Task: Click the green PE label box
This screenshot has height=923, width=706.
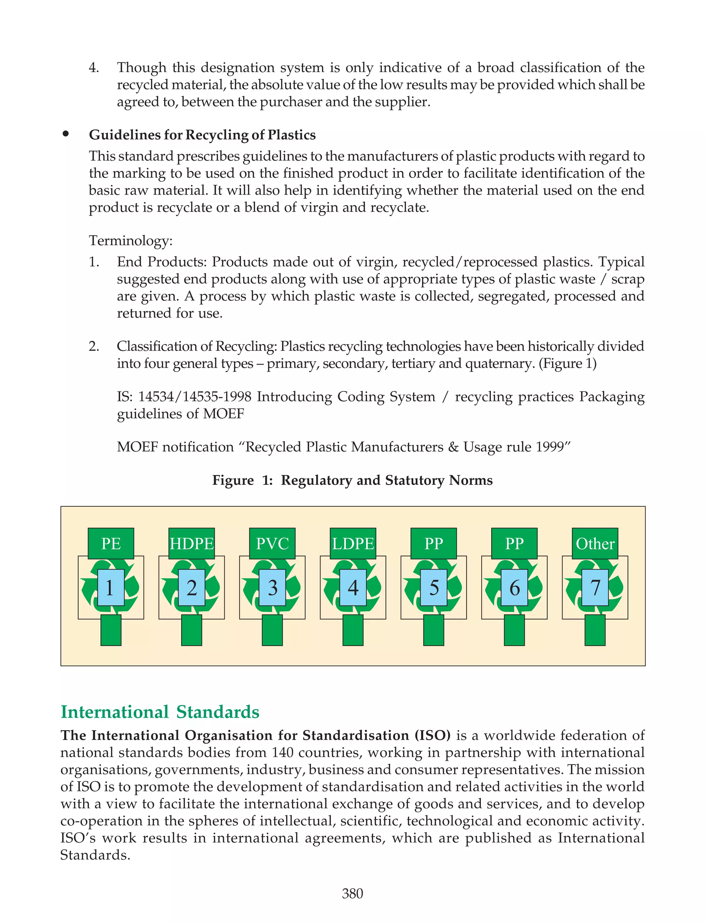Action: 111,543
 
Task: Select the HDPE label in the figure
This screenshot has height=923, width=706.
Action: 192,543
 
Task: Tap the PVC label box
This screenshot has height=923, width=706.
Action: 272,543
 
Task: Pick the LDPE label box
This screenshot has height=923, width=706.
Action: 353,543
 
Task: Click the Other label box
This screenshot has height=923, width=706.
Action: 595,543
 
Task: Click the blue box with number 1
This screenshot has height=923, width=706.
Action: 111,587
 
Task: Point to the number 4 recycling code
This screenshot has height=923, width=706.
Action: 353,587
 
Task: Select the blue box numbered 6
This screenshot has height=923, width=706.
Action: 514,587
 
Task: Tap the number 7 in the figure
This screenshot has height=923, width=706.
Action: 595,587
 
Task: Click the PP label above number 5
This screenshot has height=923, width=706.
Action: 434,543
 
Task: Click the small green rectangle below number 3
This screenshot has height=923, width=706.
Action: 272,630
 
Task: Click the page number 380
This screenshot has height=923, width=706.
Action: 352,893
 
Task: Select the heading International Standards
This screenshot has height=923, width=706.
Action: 160,712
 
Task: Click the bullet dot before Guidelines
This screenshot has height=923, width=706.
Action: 65,134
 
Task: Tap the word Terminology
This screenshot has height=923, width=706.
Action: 130,241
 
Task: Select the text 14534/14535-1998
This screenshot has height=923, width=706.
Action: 194,397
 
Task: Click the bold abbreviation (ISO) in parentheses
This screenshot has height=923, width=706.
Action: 432,735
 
